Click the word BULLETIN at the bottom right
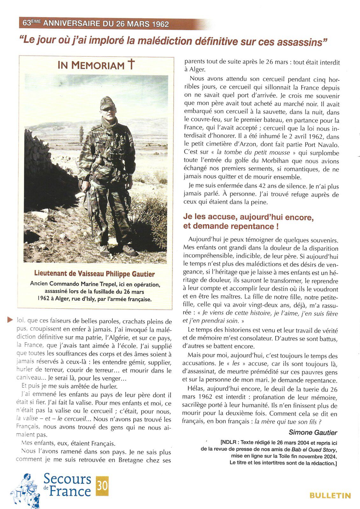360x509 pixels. click(330, 496)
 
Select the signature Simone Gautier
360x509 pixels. click(313, 432)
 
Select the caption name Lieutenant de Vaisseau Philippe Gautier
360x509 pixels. click(95, 274)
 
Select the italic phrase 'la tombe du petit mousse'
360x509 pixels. click(253, 152)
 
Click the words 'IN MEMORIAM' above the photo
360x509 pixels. click(91, 65)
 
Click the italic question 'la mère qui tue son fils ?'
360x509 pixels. click(288, 422)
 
